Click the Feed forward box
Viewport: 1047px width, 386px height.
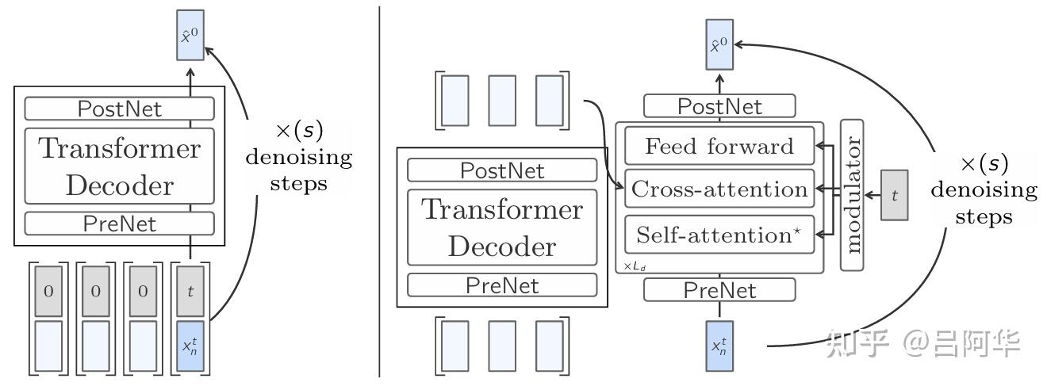[x=719, y=146]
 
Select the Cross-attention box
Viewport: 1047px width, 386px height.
[x=719, y=189]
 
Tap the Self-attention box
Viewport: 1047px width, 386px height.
[x=719, y=234]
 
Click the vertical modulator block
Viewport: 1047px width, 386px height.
[x=852, y=195]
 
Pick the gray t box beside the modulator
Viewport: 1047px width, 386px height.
[x=895, y=195]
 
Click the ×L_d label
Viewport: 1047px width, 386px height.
[x=635, y=267]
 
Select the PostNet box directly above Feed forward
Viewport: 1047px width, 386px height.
[x=719, y=106]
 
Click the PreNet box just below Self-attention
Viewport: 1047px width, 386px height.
[x=719, y=290]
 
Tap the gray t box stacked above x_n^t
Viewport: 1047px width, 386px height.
[x=190, y=291]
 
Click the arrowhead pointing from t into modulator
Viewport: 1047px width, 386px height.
[x=869, y=195]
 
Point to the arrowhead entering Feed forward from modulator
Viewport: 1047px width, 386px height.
[x=819, y=146]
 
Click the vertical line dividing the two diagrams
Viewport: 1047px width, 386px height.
[x=379, y=192]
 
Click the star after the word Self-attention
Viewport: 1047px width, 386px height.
[x=797, y=230]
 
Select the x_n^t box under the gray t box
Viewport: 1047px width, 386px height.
[x=190, y=346]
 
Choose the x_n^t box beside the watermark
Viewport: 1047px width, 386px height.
[x=719, y=346]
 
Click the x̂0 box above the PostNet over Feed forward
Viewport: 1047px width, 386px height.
[x=719, y=44]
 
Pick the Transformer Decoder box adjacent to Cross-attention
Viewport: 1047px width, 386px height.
[x=502, y=227]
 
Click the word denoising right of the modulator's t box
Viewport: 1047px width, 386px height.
[x=984, y=189]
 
